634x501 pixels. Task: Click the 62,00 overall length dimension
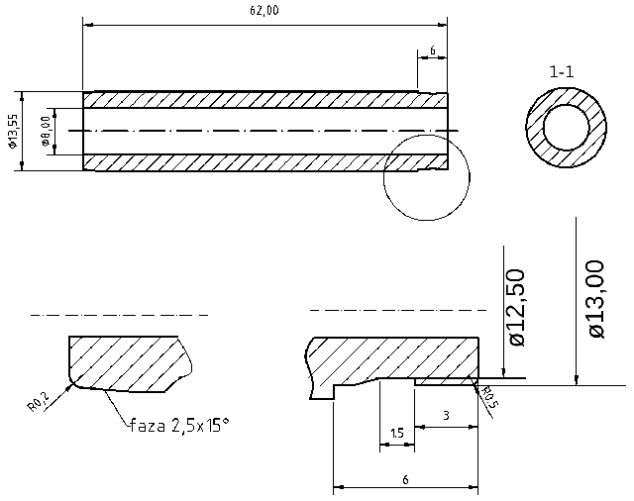pyautogui.click(x=264, y=10)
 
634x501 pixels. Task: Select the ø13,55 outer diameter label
pyautogui.click(x=12, y=131)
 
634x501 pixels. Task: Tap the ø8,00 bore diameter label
pyautogui.click(x=46, y=131)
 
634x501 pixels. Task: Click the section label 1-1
pyautogui.click(x=562, y=71)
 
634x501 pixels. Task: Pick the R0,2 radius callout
pyautogui.click(x=38, y=401)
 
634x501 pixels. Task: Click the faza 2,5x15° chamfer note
pyautogui.click(x=178, y=426)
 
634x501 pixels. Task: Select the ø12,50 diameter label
pyautogui.click(x=516, y=306)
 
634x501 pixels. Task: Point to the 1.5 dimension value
pyautogui.click(x=396, y=434)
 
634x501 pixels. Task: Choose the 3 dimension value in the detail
pyautogui.click(x=446, y=416)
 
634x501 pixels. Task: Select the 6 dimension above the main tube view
pyautogui.click(x=433, y=50)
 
